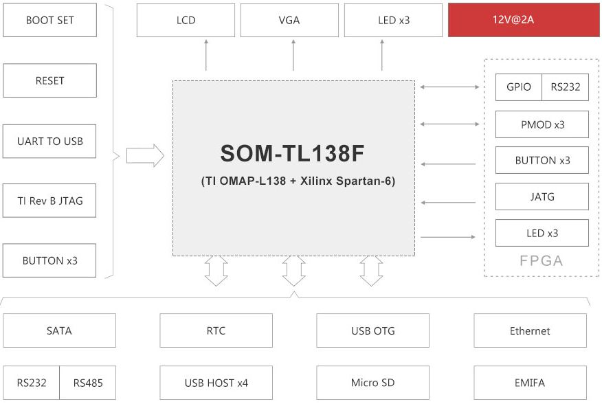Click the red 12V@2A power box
(524, 20)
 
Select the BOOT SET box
(50, 20)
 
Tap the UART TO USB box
(49, 141)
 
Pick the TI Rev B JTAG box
(49, 201)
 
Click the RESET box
(50, 80)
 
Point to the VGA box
(289, 20)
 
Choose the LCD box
(186, 20)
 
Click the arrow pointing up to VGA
(293, 55)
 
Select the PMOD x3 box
(542, 124)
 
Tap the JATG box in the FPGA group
(542, 197)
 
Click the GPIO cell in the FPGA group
(519, 87)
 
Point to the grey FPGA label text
(542, 261)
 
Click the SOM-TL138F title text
(292, 153)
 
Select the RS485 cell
(88, 383)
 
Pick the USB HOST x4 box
(216, 383)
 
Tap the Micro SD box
(372, 383)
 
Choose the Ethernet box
(531, 330)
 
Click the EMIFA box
(531, 383)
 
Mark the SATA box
(60, 330)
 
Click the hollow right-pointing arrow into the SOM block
(145, 155)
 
